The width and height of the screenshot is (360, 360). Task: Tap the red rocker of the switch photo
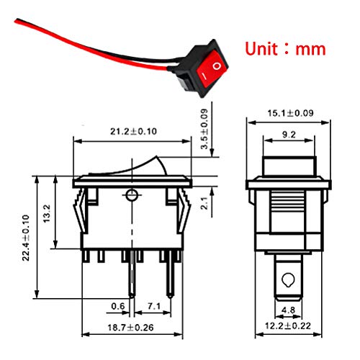(212, 71)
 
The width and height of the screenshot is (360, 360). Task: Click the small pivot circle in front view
(130, 194)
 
